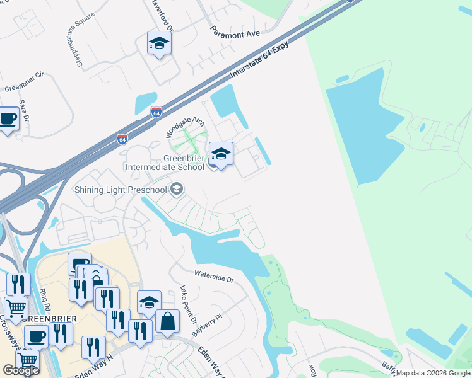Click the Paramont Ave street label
coord(235,33)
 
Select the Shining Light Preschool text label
coord(121,189)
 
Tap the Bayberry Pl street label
coord(208,326)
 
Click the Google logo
coord(20,370)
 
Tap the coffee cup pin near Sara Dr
coord(8,118)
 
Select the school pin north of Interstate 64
coord(159,43)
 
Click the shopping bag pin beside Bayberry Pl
coord(168,321)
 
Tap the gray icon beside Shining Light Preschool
coord(177,188)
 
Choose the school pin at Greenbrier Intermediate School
coord(221,154)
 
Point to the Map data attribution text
coord(433,373)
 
